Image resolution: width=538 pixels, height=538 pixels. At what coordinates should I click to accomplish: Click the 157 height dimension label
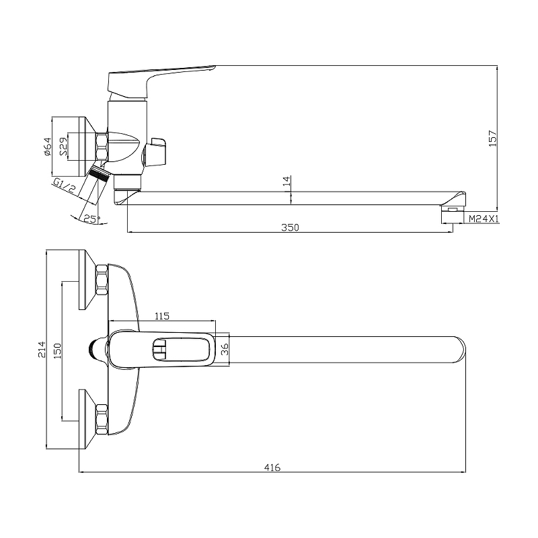[492, 139]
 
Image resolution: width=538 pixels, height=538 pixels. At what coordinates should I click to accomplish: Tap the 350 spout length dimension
[290, 227]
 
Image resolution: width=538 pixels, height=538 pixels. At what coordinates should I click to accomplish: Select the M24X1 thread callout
[484, 219]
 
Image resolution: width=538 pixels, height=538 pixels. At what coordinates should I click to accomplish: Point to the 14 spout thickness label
[287, 181]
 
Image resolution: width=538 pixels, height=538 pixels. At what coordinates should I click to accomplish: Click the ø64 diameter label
[47, 147]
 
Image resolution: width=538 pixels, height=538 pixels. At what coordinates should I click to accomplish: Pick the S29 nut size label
[64, 147]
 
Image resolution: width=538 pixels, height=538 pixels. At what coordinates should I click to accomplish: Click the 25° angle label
[91, 219]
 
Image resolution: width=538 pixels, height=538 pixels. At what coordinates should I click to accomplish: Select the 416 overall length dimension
[272, 467]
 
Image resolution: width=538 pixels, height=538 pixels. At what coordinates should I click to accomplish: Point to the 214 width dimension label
[42, 349]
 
